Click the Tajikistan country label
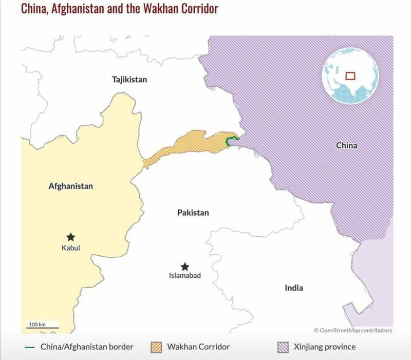click(x=129, y=80)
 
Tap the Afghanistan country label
click(x=67, y=186)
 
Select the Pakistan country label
click(x=193, y=213)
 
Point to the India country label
click(x=294, y=288)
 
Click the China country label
click(x=347, y=145)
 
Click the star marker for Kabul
click(x=71, y=237)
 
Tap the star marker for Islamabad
click(x=185, y=267)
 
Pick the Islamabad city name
click(x=185, y=276)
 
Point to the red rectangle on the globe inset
click(x=350, y=75)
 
